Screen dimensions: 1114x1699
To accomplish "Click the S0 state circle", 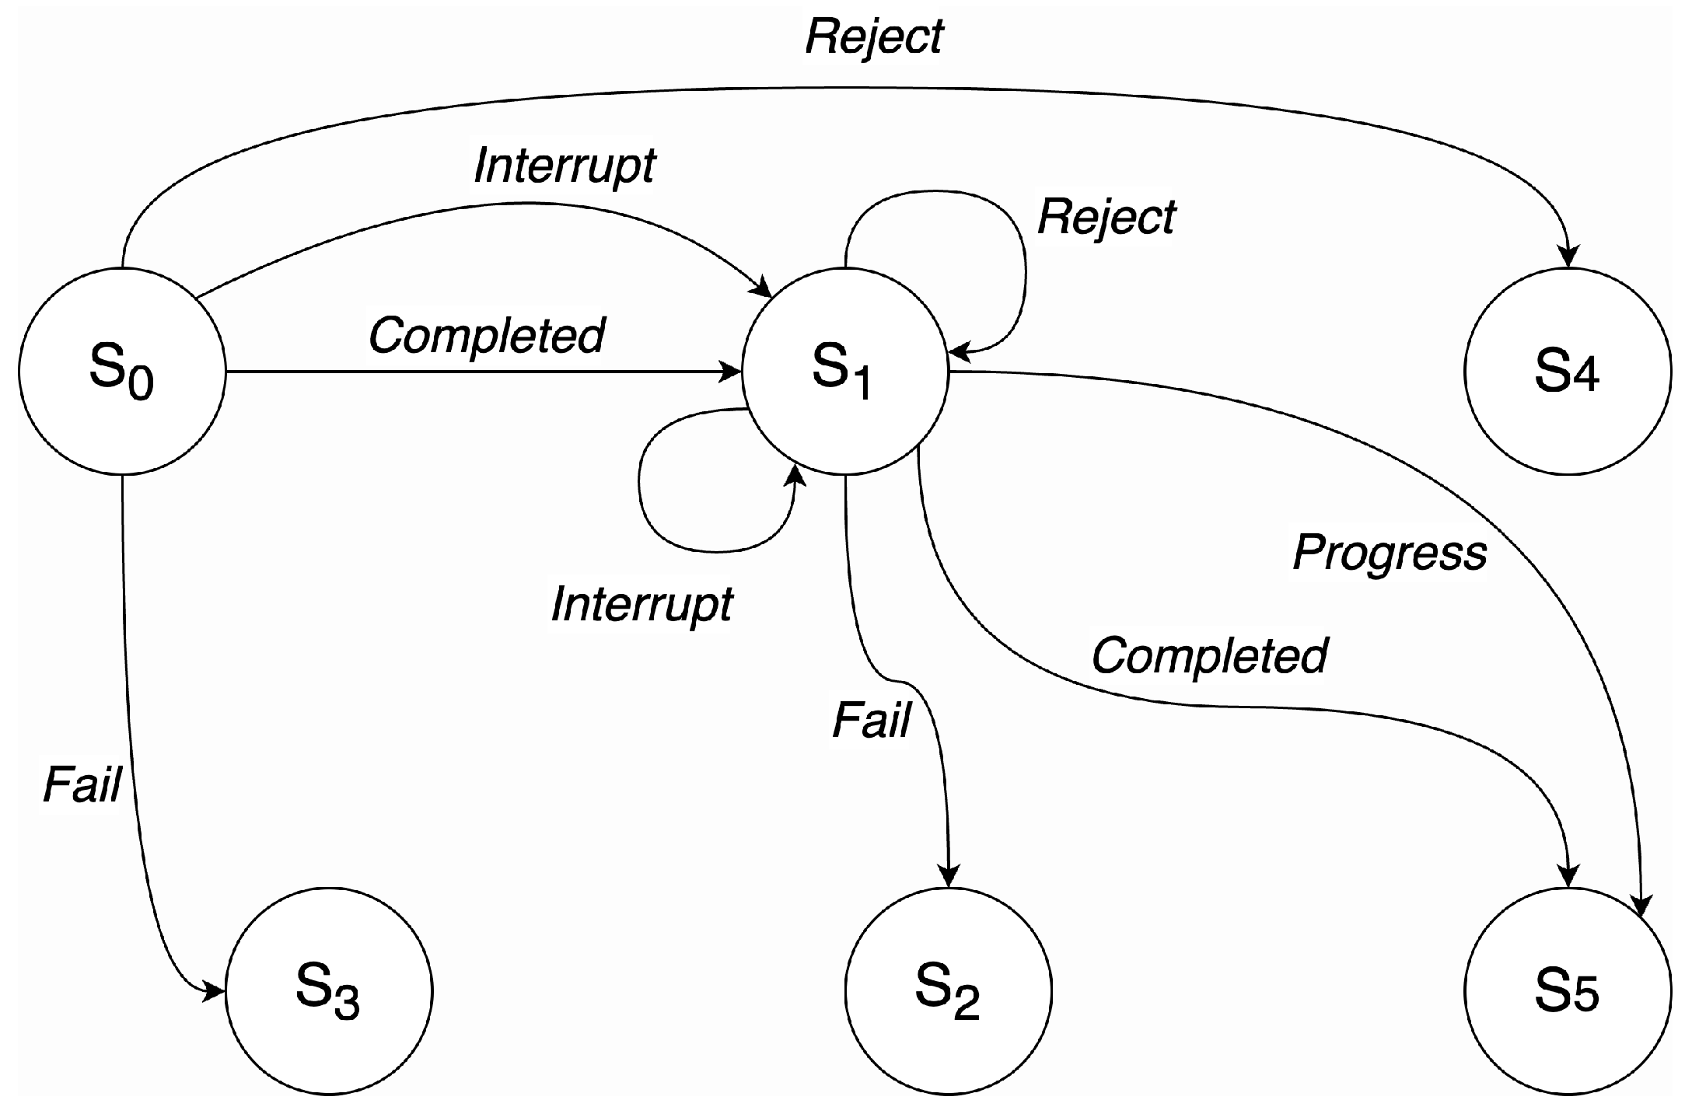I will (122, 371).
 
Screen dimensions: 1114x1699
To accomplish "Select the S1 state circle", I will (844, 371).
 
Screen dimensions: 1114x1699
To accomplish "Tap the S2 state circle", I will (948, 991).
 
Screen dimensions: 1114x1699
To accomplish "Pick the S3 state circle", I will (328, 991).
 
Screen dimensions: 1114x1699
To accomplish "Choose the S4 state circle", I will (1567, 371).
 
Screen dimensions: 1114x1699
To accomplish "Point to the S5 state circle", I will (1567, 991).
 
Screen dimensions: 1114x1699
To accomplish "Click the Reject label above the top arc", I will (874, 37).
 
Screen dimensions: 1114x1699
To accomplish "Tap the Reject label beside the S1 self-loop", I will (1106, 217).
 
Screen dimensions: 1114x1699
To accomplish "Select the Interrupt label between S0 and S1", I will (565, 166).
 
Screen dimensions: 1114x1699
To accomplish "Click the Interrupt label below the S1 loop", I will (641, 604).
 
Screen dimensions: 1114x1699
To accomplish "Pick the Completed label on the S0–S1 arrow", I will (486, 335).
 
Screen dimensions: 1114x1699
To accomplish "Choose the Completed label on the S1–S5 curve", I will (1209, 655).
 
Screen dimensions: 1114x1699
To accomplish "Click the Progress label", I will (1390, 553).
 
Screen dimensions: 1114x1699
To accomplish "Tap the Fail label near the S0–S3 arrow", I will (82, 784).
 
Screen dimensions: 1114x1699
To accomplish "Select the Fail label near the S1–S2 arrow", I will (871, 721).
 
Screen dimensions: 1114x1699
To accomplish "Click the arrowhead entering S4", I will (1568, 257).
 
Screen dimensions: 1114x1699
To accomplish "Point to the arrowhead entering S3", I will (215, 991).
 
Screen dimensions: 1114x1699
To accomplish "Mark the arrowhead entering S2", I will (948, 877).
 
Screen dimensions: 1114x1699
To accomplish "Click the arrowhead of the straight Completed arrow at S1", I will (731, 372).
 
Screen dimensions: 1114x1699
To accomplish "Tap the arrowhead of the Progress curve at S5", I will (1641, 906).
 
